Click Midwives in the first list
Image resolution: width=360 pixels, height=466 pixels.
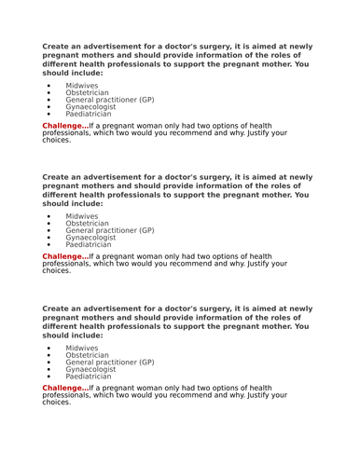coord(82,85)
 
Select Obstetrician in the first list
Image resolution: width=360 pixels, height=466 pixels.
coord(87,92)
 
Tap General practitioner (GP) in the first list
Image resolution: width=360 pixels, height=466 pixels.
coord(110,100)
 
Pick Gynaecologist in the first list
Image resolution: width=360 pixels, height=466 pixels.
coord(90,107)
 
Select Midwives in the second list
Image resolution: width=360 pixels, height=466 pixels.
coord(82,216)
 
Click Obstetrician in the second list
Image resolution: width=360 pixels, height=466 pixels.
coord(87,224)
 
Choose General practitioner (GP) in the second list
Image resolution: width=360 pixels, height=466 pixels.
coord(110,230)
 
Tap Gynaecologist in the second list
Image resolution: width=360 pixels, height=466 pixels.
coord(90,238)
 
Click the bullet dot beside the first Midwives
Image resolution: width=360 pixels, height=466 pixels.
coord(48,86)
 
